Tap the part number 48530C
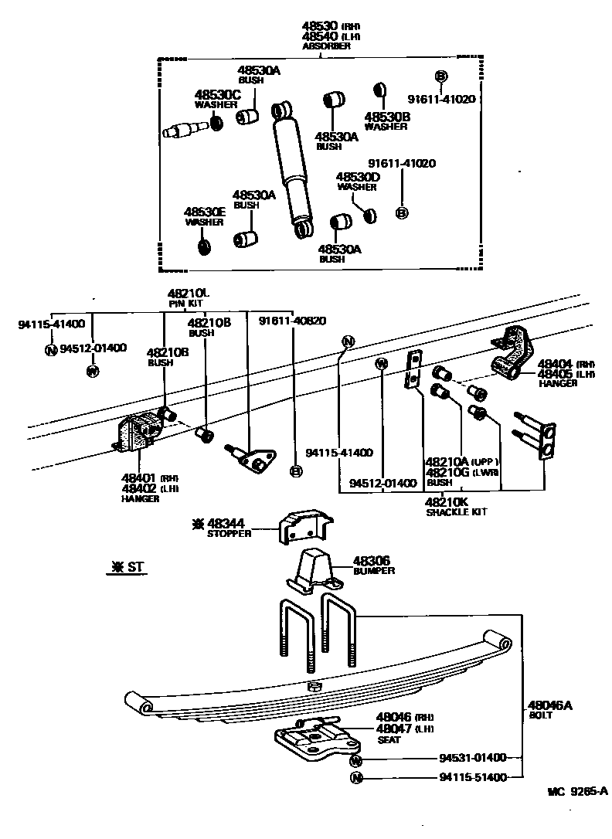pos(217,95)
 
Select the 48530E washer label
pos(204,212)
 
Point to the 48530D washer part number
pos(357,177)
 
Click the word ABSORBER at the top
pos(326,46)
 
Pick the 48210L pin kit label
pos(189,294)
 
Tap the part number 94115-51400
pos(472,777)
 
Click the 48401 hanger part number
pos(139,477)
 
